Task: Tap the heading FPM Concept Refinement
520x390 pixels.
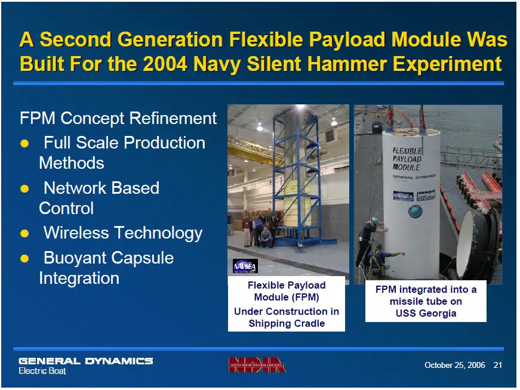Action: coord(118,118)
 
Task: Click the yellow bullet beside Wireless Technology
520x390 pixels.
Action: coord(25,233)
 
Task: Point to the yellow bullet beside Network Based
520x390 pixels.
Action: coord(25,188)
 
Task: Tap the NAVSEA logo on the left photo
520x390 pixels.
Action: coord(245,266)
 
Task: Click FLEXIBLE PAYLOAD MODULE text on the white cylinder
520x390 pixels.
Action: coord(407,159)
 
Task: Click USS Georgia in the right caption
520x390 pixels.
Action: coord(426,313)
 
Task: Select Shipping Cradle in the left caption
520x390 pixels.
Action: coord(287,323)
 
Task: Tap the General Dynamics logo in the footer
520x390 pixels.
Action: coord(85,361)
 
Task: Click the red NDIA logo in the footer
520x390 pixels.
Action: coord(257,364)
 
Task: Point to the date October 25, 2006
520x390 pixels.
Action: coord(454,365)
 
